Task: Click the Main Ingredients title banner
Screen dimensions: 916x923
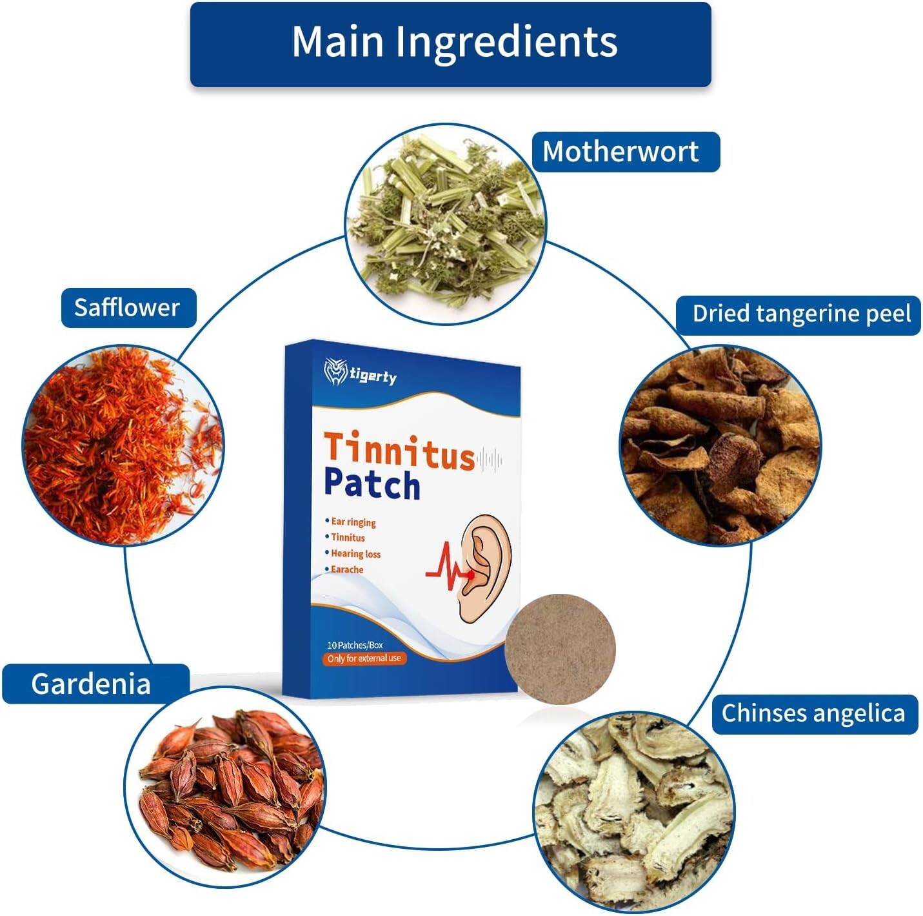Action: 450,44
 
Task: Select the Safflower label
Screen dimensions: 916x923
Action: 128,307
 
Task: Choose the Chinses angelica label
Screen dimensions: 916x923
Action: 814,713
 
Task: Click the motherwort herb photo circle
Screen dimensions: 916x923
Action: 445,223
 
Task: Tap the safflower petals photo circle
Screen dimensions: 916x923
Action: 123,445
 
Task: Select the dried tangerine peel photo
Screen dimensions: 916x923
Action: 720,445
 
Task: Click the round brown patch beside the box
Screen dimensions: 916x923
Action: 561,649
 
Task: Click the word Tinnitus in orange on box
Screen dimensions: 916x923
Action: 399,451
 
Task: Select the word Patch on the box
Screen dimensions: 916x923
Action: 372,485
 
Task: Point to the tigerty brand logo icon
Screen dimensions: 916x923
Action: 335,372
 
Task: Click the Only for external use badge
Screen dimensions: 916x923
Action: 364,658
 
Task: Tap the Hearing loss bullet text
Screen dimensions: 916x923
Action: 355,554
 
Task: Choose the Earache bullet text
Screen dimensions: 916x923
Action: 347,569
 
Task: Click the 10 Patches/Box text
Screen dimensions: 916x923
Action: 355,645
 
